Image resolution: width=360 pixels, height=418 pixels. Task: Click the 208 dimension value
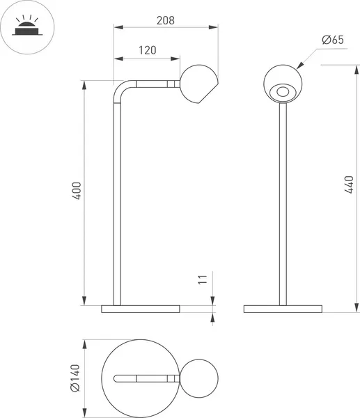click(x=165, y=20)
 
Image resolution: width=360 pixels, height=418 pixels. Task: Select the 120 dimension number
click(x=146, y=50)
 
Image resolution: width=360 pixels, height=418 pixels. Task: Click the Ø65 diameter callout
click(x=333, y=40)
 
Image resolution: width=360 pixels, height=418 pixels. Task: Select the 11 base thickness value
click(x=203, y=280)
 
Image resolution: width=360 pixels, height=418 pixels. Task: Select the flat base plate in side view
click(x=140, y=308)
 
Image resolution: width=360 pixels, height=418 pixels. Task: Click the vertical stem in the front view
click(x=283, y=202)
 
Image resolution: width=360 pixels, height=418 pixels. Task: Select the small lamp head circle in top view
click(x=199, y=377)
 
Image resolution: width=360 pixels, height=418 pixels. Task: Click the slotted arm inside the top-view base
click(x=143, y=377)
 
